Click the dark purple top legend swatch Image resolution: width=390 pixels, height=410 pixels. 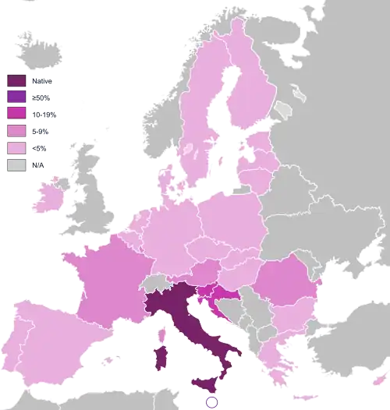(x=16, y=80)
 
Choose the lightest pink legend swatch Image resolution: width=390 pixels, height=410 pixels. (x=16, y=148)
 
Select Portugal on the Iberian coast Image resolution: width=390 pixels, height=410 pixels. (x=17, y=342)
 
